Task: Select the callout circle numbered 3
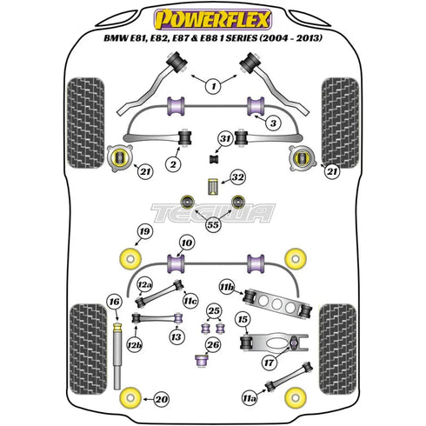pyautogui.click(x=272, y=124)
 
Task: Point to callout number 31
pyautogui.click(x=225, y=138)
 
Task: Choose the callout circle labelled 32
pyautogui.click(x=238, y=180)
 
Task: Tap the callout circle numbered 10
pyautogui.click(x=186, y=243)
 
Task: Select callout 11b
pyautogui.click(x=227, y=285)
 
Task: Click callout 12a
pyautogui.click(x=144, y=285)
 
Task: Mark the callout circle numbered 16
pyautogui.click(x=113, y=303)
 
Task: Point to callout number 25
pyautogui.click(x=214, y=310)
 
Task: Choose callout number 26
pyautogui.click(x=213, y=343)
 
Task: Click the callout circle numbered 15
pyautogui.click(x=243, y=320)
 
